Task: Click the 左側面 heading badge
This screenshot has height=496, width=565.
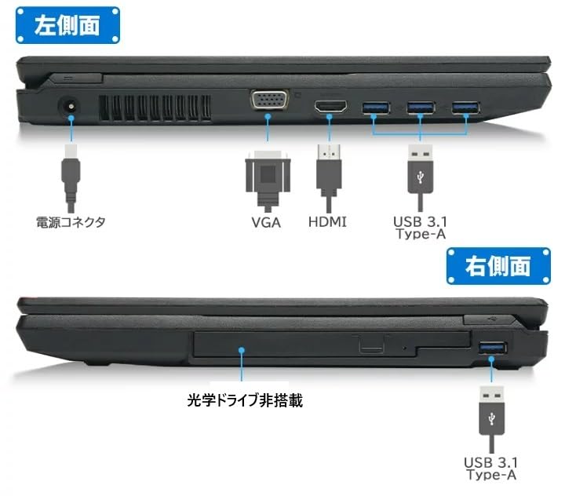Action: pos(67,24)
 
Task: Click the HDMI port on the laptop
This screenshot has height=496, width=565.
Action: pos(331,107)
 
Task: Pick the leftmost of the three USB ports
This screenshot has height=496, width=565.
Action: pos(374,107)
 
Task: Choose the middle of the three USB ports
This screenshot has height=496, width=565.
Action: pos(420,107)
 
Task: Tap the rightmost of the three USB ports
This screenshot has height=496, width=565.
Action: pos(465,107)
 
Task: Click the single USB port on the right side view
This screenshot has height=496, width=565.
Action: pos(492,347)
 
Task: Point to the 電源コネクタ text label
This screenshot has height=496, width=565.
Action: pos(71,222)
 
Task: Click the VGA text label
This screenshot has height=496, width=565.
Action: pos(266,222)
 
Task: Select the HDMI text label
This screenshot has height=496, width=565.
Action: pos(327,222)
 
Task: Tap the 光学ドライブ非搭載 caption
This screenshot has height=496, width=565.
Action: pos(245,400)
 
